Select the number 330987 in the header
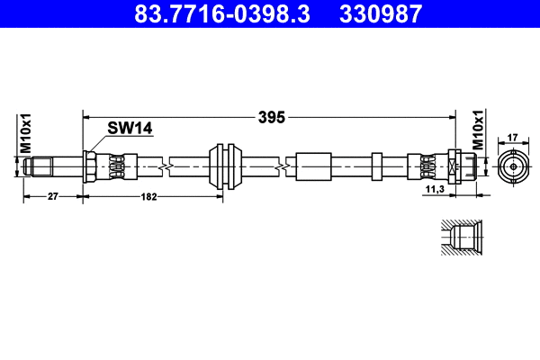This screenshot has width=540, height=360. click(379, 14)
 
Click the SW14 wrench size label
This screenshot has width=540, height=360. click(130, 129)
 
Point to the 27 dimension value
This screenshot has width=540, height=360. click(52, 195)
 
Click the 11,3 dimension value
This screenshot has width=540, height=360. click(435, 190)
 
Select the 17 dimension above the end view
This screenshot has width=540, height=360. click(512, 137)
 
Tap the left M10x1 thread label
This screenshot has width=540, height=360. click(26, 133)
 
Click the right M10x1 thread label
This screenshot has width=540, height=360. click(479, 133)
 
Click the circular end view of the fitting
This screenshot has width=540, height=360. click(512, 166)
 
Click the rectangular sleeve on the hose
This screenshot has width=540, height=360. click(311, 166)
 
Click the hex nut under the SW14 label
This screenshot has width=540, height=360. click(91, 166)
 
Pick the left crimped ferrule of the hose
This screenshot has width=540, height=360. click(117, 166)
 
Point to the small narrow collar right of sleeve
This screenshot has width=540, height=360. click(377, 166)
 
